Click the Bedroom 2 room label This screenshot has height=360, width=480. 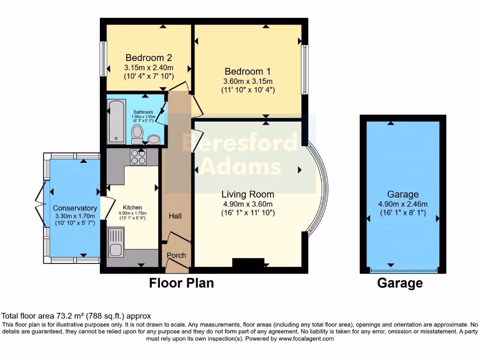coord(149,58)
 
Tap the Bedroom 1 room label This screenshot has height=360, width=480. coord(247,72)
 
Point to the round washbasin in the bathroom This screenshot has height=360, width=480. coord(153,139)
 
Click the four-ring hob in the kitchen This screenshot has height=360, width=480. coord(138,157)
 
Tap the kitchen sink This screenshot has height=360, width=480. coord(116,242)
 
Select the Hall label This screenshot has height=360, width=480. coord(175,216)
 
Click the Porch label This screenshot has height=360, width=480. coord(177,255)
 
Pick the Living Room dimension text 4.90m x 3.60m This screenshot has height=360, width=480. coord(247,204)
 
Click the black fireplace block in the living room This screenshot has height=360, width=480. coord(248,263)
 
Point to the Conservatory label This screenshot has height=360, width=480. coord(75,208)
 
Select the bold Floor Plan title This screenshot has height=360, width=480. coord(181,283)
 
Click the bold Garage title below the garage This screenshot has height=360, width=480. coord(400,283)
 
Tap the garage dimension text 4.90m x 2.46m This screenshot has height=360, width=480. coord(403,204)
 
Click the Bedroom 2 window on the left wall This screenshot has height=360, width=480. coord(102,59)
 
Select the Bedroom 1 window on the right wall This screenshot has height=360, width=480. coord(304,69)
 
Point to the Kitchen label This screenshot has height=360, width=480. coord(132,207)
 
